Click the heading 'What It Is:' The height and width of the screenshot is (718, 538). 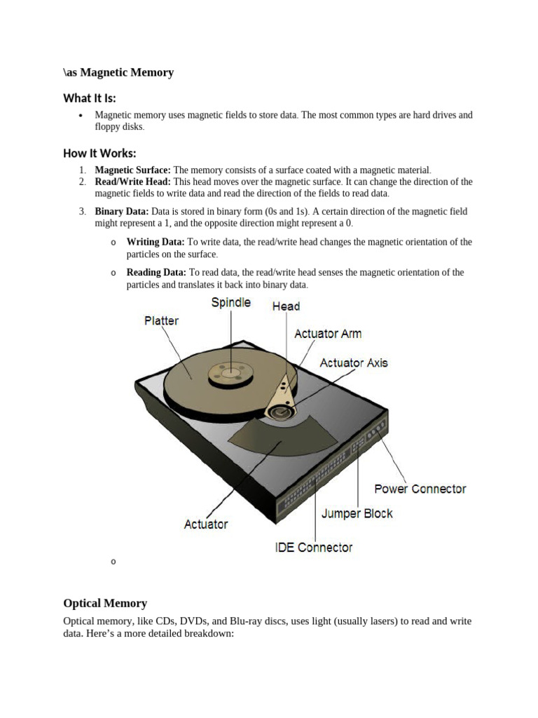point(90,97)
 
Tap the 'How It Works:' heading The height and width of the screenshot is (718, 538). point(99,153)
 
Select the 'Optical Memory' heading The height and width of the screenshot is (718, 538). point(105,603)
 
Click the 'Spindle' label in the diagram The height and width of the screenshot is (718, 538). point(231,302)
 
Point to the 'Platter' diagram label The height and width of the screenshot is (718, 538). point(161,320)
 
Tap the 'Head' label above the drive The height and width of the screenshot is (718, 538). point(286,306)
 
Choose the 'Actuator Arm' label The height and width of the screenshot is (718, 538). point(328,334)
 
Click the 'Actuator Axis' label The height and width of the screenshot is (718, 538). point(353,363)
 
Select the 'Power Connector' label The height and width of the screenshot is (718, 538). point(420,489)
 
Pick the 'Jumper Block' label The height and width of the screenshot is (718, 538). point(357,513)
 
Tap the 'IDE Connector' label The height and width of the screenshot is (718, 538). point(313,547)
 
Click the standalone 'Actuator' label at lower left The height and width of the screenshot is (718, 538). point(206,524)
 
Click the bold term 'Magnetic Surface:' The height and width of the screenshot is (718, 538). point(133,170)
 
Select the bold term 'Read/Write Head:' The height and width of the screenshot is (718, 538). point(133,182)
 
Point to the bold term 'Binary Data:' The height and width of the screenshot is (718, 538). point(122,212)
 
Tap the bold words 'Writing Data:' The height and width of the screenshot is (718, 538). point(156,242)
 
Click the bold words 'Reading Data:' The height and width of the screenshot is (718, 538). point(156,272)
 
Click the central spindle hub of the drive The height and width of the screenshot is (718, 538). point(228,372)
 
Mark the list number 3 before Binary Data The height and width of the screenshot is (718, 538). point(81,212)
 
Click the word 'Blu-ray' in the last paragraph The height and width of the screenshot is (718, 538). point(306,621)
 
